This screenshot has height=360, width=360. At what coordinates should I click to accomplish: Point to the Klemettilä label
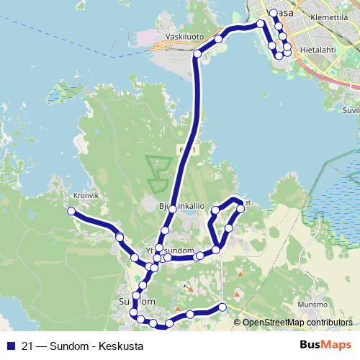pyautogui.click(x=328, y=14)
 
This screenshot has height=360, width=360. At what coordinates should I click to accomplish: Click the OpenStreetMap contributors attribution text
pyautogui.click(x=297, y=323)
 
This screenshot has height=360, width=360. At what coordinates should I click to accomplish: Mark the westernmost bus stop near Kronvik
pyautogui.click(x=71, y=211)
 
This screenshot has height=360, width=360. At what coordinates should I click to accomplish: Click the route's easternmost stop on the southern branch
pyautogui.click(x=222, y=307)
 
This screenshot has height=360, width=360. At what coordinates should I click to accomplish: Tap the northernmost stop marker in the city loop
pyautogui.click(x=273, y=13)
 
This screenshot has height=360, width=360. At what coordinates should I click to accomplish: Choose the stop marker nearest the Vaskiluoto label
pyautogui.click(x=197, y=54)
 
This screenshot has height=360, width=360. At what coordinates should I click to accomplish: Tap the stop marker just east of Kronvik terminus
pyautogui.click(x=119, y=238)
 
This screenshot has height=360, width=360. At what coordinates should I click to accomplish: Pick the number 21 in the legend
pyautogui.click(x=27, y=346)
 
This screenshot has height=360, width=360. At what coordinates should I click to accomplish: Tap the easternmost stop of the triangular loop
pyautogui.click(x=240, y=210)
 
